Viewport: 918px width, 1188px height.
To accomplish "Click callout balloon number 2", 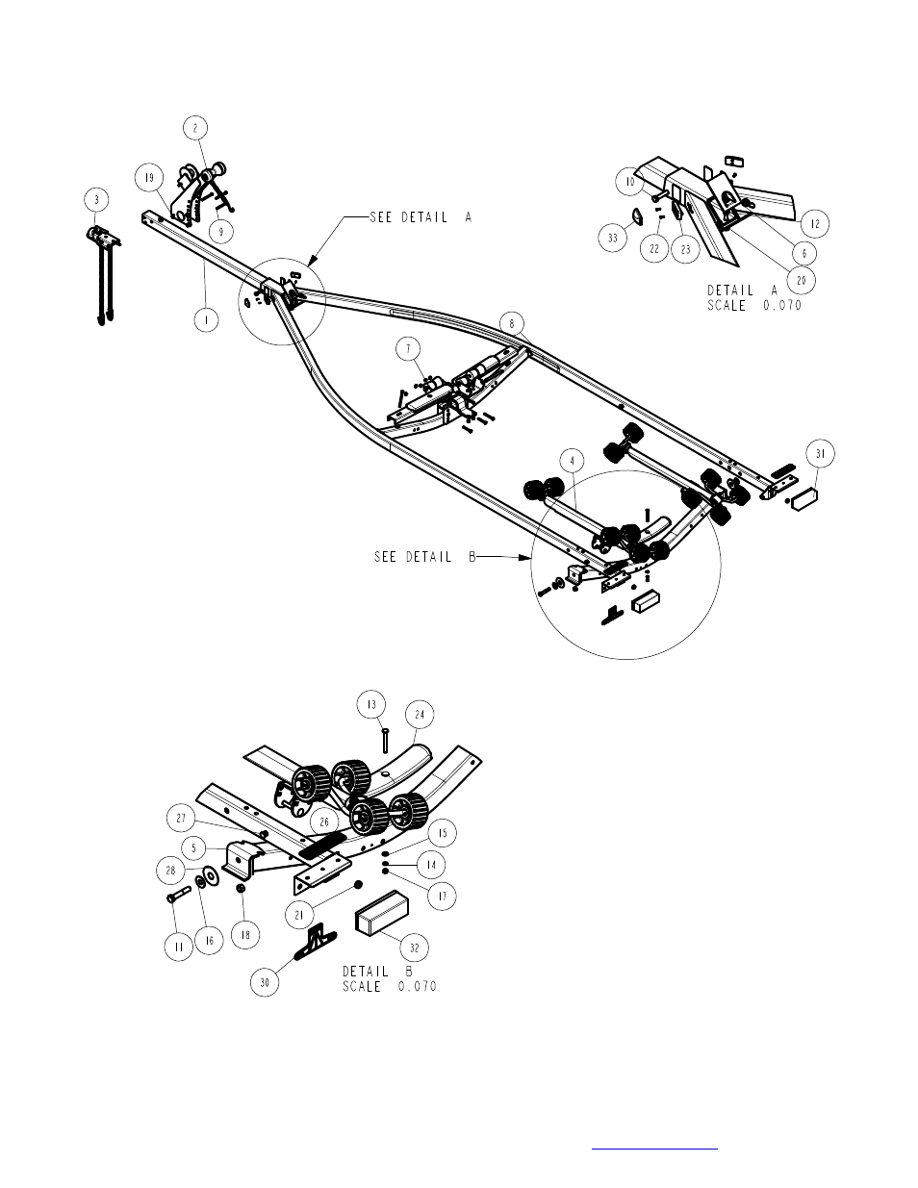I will pyautogui.click(x=195, y=128).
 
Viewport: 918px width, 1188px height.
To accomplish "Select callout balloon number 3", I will pyautogui.click(x=96, y=200).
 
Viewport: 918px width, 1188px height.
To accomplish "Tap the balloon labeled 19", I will pyautogui.click(x=149, y=178).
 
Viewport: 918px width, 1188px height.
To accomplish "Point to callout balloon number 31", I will pyautogui.click(x=820, y=454).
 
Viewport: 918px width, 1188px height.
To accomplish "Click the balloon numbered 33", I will pyautogui.click(x=613, y=239).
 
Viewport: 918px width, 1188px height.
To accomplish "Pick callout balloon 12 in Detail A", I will pyautogui.click(x=814, y=223).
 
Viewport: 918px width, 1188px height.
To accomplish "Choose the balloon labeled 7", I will pyautogui.click(x=407, y=347).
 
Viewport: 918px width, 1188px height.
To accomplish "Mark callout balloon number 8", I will pyautogui.click(x=512, y=323).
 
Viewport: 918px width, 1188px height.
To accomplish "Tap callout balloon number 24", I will pyautogui.click(x=421, y=715).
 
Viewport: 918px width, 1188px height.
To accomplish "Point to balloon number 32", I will pyautogui.click(x=415, y=947).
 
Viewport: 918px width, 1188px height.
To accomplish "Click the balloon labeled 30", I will pyautogui.click(x=266, y=982).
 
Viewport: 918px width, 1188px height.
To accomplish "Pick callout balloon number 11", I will pyautogui.click(x=178, y=947).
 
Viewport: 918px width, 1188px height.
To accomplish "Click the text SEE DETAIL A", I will pyautogui.click(x=421, y=217).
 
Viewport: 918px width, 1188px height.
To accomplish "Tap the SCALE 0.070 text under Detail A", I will pyautogui.click(x=754, y=306).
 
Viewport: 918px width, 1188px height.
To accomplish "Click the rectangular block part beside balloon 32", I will pyautogui.click(x=382, y=911).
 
